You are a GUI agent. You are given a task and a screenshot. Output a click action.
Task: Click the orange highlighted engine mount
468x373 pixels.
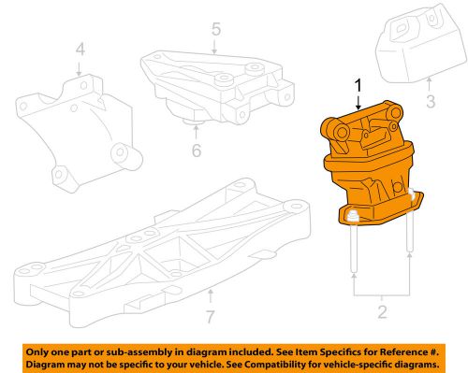368,168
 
